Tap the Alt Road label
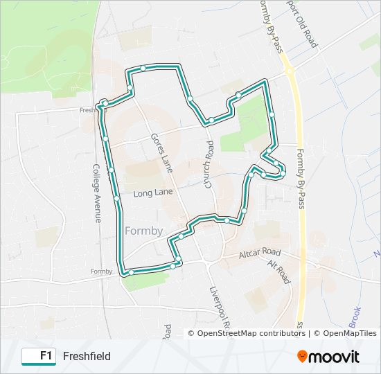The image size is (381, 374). click(x=279, y=272)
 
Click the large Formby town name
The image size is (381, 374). click(x=144, y=231)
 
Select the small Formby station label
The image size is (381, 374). click(x=100, y=271)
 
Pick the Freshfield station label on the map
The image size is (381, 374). click(x=89, y=109)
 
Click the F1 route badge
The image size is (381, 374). click(x=39, y=356)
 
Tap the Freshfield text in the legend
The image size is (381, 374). click(x=87, y=356)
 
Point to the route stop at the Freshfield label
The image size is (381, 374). click(x=104, y=103)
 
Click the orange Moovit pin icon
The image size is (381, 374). click(x=303, y=356)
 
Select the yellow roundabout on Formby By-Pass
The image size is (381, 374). click(x=290, y=71)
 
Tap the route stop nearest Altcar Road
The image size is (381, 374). click(x=179, y=260)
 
